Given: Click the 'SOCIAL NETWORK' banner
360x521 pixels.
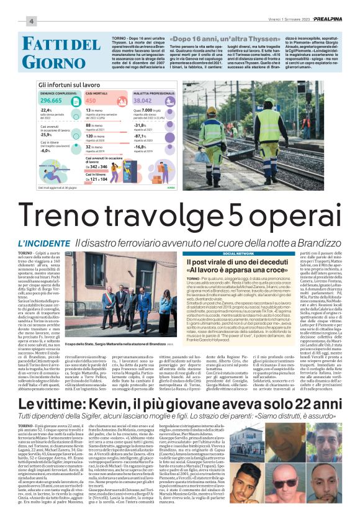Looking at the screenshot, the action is tap(238, 254).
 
